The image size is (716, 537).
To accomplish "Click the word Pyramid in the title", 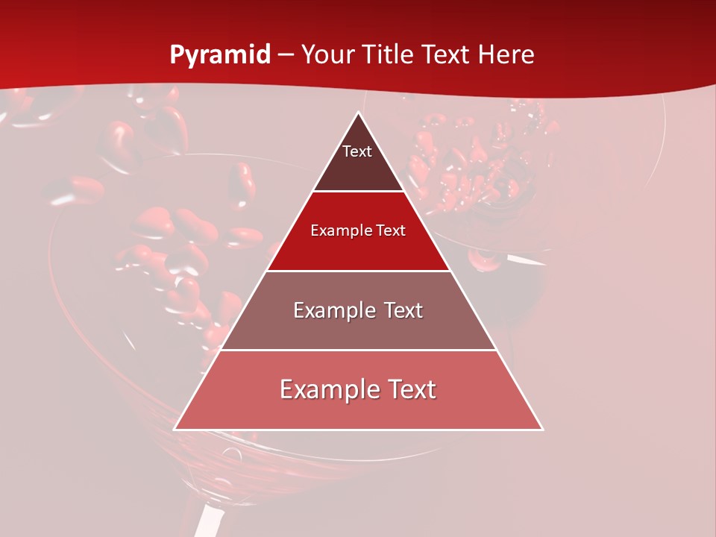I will (219, 55).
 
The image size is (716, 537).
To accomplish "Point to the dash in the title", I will (285, 55).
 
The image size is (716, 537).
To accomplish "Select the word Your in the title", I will (326, 55).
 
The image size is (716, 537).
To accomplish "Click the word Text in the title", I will (447, 55).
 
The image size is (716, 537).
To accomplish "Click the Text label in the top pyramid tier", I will (357, 151).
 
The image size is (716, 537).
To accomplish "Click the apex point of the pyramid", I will (358, 113).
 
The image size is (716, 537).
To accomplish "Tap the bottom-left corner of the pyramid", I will (175, 430).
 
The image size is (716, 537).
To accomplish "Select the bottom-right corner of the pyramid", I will (542, 430).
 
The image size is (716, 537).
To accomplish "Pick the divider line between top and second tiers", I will (358, 192).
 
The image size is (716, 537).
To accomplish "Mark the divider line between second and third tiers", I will (358, 271).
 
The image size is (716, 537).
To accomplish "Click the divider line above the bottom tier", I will (358, 350).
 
